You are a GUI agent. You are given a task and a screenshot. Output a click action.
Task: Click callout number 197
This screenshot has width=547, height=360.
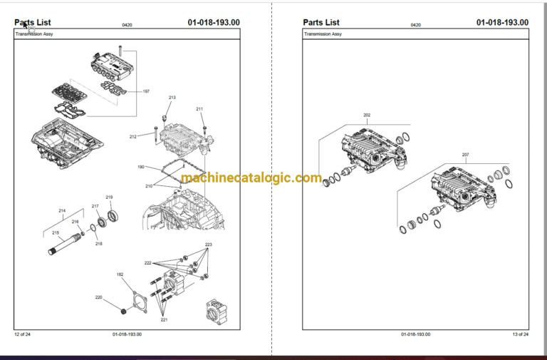click(x=146, y=91)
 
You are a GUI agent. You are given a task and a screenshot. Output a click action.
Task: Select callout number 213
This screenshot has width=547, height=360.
click(x=172, y=97)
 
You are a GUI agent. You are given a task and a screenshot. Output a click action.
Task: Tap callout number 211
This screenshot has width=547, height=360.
click(x=199, y=109)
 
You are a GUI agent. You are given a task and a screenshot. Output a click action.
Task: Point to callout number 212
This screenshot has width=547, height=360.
click(x=133, y=136)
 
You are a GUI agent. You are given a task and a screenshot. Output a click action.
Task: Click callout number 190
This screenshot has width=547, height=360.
click(x=141, y=167)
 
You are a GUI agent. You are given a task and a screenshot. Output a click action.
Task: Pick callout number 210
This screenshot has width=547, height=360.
click(x=149, y=186)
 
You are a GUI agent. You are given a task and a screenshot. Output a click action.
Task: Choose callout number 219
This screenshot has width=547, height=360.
click(x=109, y=197)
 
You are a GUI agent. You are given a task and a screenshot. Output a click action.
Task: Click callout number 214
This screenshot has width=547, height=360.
click(x=62, y=211)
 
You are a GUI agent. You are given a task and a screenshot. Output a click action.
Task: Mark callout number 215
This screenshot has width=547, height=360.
click(x=56, y=232)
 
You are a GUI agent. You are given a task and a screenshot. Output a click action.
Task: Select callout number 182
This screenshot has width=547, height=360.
click(x=120, y=274)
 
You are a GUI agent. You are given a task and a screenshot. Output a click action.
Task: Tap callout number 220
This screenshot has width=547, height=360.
click(x=98, y=297)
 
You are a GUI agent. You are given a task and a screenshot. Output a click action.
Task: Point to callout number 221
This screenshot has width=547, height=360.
click(x=164, y=319)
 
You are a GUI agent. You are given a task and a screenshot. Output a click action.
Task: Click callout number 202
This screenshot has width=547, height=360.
click(x=367, y=115)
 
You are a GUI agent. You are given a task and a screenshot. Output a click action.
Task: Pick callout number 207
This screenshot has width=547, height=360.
click(x=465, y=155)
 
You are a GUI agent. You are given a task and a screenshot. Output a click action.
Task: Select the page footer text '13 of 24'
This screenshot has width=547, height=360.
click(x=520, y=334)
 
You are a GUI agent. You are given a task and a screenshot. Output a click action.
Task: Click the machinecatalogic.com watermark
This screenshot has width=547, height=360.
click(x=251, y=178)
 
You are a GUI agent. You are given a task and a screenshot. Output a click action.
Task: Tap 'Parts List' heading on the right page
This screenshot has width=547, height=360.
click(x=321, y=22)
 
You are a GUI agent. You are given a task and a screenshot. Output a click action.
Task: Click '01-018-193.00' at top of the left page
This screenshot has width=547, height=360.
click(x=214, y=22)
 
